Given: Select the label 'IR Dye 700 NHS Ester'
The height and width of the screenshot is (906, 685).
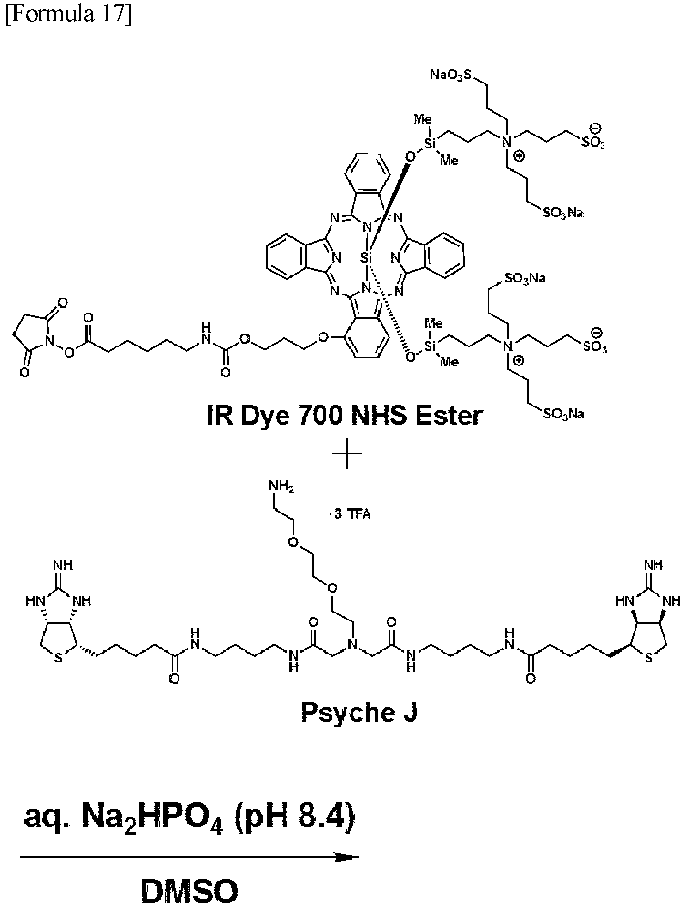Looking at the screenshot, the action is pos(344,416).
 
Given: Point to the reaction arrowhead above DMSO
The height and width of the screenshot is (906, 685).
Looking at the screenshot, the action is pos(346,858).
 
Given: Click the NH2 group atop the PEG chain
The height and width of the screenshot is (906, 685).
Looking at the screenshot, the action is pos(281,486).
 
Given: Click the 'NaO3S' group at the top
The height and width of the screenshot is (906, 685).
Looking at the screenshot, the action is pos(451,75).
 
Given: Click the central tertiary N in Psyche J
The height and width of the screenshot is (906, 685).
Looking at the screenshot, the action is pos(352,644).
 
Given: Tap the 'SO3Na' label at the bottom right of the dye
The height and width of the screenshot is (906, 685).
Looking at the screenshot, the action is pos(563,413).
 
